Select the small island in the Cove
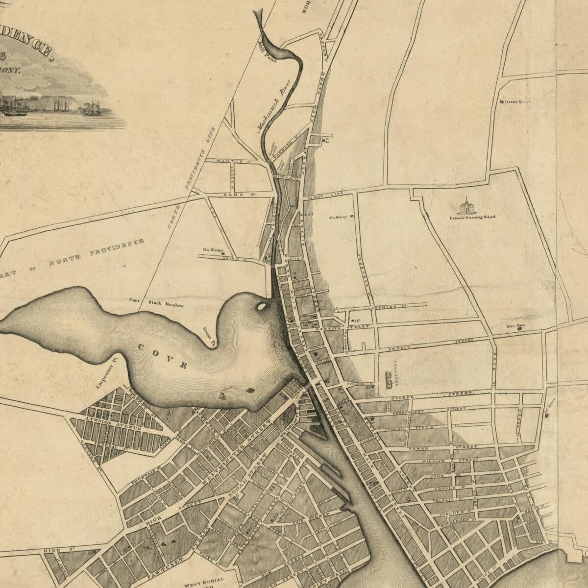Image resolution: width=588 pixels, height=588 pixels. [x=262, y=307]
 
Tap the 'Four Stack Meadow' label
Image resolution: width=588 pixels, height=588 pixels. [x=156, y=303]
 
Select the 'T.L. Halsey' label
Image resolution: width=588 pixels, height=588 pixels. [x=338, y=217]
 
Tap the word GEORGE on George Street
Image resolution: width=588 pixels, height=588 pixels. [x=402, y=397]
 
